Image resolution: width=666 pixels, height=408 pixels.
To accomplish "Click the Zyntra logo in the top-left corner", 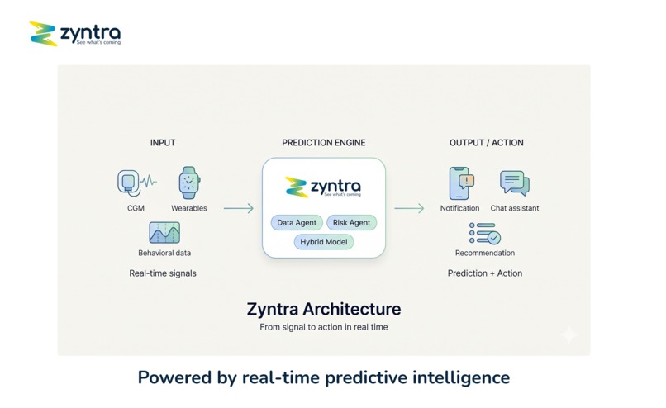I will point(74,34).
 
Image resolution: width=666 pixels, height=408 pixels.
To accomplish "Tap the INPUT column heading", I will point(163,143).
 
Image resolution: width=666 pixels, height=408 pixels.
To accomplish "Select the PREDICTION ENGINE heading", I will point(323,143).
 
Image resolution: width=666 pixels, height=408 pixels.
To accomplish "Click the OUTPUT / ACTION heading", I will point(486,143).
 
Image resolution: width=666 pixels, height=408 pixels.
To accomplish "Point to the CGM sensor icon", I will point(131,183).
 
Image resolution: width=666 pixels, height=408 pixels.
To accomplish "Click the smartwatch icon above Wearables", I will point(189,183).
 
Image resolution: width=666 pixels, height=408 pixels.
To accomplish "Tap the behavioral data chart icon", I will point(164,233).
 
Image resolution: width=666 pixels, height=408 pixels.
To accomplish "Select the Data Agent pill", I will point(297,223).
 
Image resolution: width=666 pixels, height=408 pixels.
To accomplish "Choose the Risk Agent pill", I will point(351,223).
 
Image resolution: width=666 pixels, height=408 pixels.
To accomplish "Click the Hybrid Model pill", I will point(324,242).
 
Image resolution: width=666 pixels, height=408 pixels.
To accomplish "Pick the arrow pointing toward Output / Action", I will point(408,209).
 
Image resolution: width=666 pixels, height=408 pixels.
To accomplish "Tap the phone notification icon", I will point(460,183).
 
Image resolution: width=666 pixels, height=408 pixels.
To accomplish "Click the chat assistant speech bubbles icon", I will point(514,183).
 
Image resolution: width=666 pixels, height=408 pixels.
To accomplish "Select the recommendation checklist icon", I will point(484,234).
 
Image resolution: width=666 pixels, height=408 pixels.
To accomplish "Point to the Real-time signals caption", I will point(163,273).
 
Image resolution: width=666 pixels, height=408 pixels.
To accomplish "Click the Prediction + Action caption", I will point(485,273).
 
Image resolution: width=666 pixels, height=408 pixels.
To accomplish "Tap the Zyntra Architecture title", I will point(324,310).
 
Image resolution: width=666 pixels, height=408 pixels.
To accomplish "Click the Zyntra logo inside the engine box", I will point(323,187).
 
